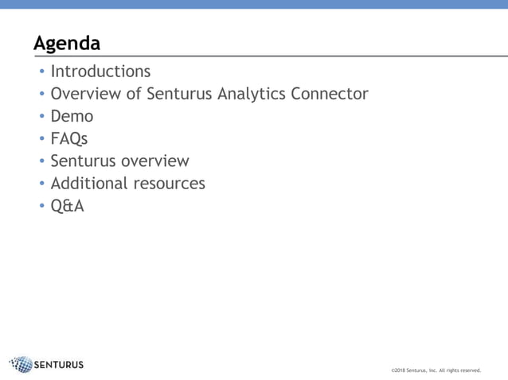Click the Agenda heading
tap(67, 43)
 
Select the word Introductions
tap(100, 72)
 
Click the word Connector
tap(329, 94)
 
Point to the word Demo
tap(72, 116)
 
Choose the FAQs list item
tap(69, 139)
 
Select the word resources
tap(168, 184)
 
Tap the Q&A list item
tap(67, 206)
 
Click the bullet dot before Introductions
tap(42, 72)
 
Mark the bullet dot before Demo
tap(42, 117)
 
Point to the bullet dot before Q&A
tap(42, 207)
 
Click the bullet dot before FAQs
tap(42, 139)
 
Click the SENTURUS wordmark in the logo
tap(60, 366)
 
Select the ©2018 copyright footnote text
tap(436, 370)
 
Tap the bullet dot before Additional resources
tap(42, 184)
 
